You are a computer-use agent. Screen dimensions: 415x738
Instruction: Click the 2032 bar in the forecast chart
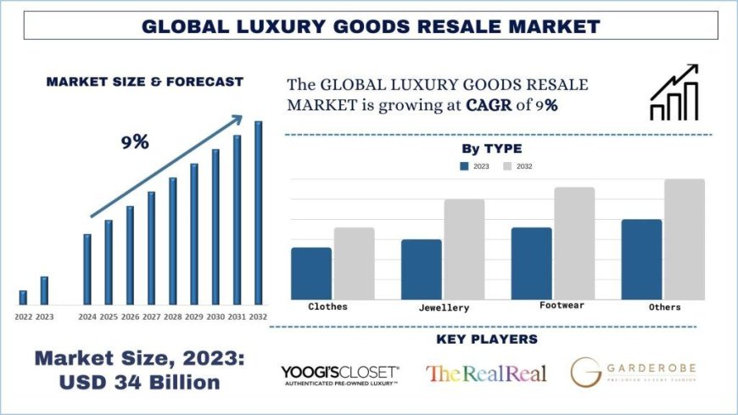pos(258,213)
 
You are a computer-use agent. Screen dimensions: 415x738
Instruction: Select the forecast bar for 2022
pos(23,297)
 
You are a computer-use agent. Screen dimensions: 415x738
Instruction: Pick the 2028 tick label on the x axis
pos(173,317)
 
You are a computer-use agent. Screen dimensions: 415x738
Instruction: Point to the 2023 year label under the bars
pos(44,317)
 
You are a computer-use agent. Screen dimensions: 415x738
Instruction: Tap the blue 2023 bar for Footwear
pos(531,262)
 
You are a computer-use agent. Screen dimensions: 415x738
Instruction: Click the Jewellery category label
pos(444,307)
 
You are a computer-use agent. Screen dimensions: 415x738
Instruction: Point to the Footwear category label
pos(562,305)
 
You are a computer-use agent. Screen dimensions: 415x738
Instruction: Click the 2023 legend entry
pos(474,166)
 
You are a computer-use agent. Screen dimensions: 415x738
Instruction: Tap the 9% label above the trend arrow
pos(134,143)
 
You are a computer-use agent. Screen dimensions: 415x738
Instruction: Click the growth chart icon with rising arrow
pos(674,93)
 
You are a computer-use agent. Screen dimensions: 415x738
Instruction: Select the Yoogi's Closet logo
pos(339,374)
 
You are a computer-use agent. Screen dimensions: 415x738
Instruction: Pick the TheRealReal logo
pos(486,373)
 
